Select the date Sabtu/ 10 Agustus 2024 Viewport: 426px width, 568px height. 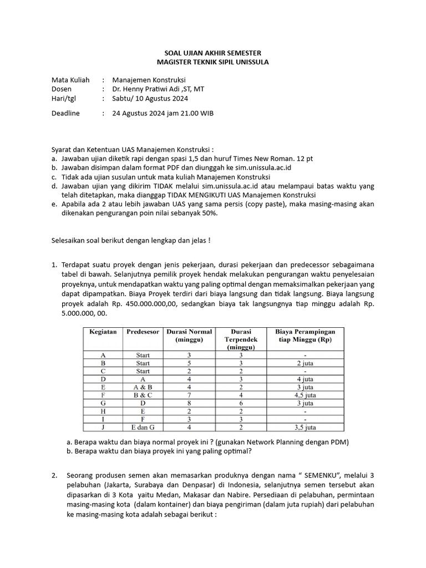point(150,99)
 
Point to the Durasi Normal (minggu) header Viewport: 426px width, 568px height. point(189,335)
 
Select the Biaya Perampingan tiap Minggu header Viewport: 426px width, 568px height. point(309,335)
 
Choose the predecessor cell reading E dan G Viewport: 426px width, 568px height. point(143,427)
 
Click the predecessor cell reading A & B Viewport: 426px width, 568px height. point(143,387)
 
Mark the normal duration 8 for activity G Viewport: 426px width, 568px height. point(189,403)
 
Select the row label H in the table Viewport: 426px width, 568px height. point(103,411)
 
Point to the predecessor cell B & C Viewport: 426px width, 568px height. point(143,395)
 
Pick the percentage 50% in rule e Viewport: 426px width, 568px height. point(207,214)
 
